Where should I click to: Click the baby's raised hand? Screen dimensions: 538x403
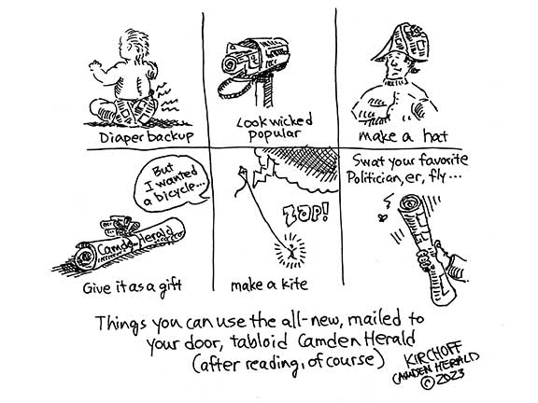click(95, 66)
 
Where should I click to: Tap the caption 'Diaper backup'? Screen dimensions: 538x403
click(147, 137)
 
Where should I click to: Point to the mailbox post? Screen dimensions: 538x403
click(264, 91)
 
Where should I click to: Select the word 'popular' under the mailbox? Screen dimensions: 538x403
click(275, 134)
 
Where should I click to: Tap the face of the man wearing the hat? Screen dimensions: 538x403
click(394, 68)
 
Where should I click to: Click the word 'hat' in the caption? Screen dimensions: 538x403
click(435, 136)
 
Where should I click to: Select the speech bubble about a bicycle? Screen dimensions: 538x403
click(171, 183)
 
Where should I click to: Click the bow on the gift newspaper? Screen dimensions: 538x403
click(120, 225)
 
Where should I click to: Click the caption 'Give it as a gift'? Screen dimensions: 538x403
click(132, 287)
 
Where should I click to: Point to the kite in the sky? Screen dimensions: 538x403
click(242, 174)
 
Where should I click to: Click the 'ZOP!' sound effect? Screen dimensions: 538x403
click(306, 215)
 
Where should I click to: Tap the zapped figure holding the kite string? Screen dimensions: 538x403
click(290, 251)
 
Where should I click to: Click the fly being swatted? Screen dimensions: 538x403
click(381, 217)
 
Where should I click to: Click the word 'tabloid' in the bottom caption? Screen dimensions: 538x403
click(259, 341)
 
